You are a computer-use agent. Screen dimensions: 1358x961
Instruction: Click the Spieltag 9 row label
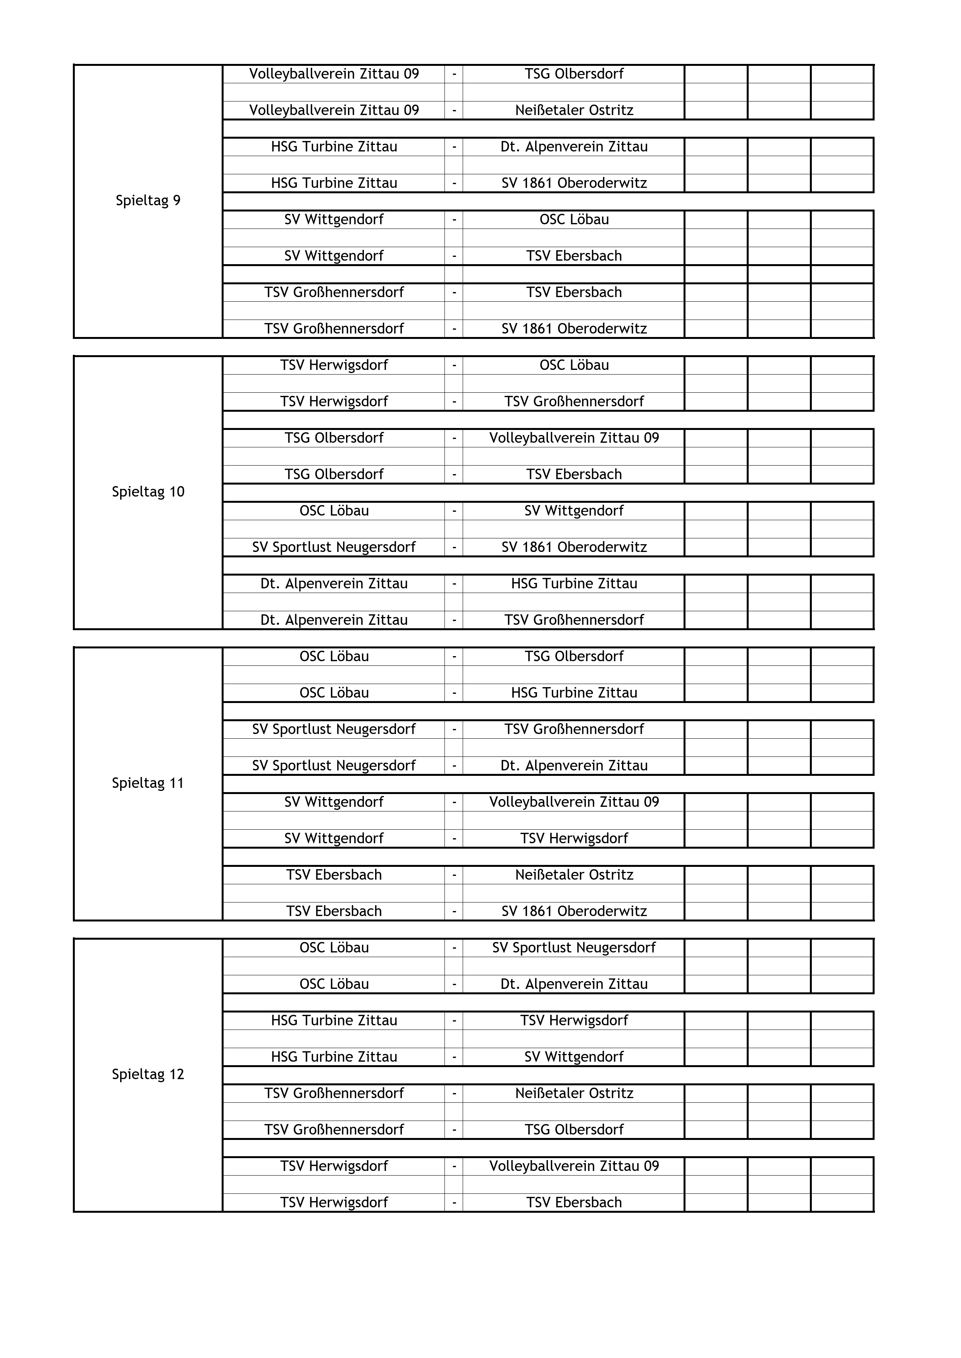[148, 201]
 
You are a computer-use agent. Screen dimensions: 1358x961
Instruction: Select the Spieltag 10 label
[148, 492]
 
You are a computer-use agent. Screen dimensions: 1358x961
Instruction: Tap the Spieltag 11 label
[148, 783]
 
